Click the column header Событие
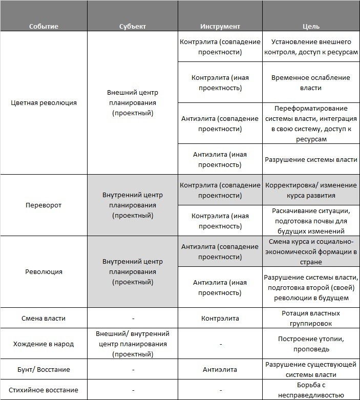(44, 26)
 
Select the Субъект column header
(133, 26)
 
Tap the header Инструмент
(220, 26)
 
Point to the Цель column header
(311, 26)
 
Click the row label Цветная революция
(44, 102)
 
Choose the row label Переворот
(44, 205)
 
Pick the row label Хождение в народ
(44, 344)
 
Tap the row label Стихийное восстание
(44, 390)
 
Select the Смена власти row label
(44, 318)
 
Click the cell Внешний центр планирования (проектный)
(133, 102)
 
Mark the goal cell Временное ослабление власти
(311, 82)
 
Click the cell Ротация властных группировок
(311, 318)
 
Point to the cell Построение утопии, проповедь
(311, 344)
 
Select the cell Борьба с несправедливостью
(311, 390)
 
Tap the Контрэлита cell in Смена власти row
(220, 318)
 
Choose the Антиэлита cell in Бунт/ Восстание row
(220, 369)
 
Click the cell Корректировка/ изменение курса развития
(311, 190)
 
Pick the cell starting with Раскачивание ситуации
(311, 220)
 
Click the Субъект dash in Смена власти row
(133, 319)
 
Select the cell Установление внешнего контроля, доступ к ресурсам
(311, 47)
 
